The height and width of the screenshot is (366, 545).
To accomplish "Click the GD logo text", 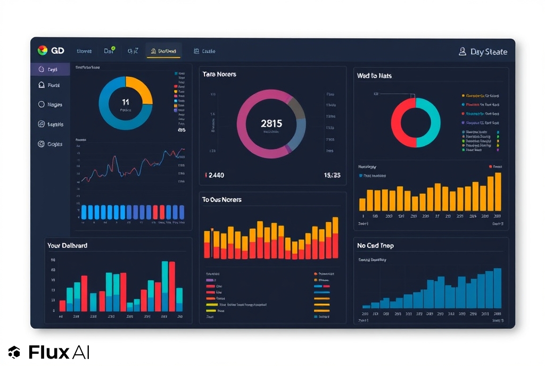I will [57, 51].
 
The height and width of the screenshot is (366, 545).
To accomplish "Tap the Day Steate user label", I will [488, 52].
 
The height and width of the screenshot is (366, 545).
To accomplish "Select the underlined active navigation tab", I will [163, 51].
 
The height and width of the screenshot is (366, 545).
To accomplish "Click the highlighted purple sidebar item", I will [51, 70].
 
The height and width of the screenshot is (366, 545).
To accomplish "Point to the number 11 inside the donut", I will [126, 102].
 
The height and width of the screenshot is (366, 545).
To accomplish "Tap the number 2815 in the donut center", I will [271, 123].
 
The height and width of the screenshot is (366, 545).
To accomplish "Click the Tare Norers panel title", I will [219, 74].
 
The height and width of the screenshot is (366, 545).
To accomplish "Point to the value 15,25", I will [332, 175].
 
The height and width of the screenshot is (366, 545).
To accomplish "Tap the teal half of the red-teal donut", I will [431, 123].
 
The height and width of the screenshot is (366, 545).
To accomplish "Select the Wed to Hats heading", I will [374, 76].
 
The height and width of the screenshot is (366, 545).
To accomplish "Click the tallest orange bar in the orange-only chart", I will [498, 192].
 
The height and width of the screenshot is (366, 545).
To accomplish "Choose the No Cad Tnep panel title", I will [376, 246].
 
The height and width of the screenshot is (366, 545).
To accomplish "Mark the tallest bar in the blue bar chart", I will [498, 288].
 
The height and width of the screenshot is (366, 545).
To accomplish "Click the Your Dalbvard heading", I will [68, 245].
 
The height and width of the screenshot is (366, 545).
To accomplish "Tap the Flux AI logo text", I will [59, 352].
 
